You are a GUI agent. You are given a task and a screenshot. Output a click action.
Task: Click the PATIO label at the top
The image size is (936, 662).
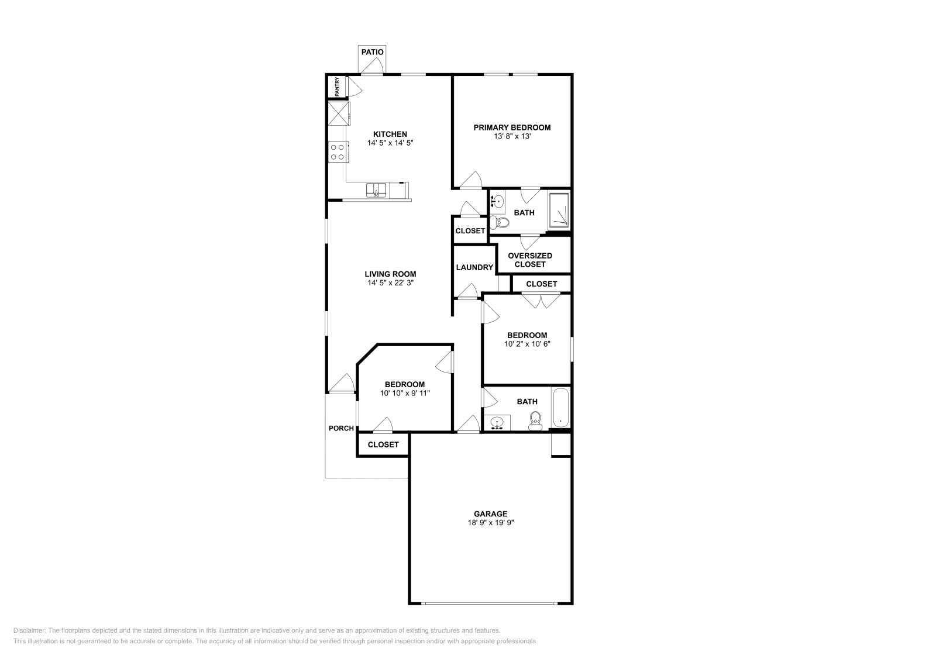(372, 52)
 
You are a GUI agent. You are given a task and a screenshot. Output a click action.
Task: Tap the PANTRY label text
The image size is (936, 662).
(337, 87)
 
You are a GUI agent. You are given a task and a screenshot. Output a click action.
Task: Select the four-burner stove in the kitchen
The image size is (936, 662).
(338, 152)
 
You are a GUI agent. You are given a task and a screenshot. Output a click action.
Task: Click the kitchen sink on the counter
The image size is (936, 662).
(377, 190)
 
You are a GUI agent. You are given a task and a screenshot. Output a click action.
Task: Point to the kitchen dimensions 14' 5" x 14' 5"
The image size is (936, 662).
(390, 143)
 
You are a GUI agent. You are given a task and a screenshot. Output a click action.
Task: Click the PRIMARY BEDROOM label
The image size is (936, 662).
(512, 127)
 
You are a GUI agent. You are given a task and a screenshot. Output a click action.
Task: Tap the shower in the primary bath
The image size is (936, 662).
(560, 210)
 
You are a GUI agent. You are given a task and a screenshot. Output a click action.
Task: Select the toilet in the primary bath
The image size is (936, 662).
(499, 222)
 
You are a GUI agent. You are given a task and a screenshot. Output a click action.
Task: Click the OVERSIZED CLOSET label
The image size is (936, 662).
(530, 260)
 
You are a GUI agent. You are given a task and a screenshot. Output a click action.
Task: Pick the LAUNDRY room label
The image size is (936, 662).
(474, 267)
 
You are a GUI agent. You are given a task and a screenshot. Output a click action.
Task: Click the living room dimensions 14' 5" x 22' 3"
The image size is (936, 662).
(390, 282)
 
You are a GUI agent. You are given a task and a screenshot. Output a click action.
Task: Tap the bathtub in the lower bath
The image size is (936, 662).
(560, 408)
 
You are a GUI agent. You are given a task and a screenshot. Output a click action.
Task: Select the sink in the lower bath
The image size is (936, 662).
(497, 423)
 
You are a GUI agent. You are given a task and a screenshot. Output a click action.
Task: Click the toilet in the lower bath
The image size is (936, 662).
(535, 420)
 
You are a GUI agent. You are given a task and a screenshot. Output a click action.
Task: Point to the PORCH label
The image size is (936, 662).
(341, 428)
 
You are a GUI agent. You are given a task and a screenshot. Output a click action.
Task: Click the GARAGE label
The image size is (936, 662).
(490, 514)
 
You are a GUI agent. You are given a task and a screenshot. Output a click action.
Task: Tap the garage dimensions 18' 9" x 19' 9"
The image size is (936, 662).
(490, 523)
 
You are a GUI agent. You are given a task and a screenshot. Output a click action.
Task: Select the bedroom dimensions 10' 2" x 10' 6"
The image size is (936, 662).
(527, 344)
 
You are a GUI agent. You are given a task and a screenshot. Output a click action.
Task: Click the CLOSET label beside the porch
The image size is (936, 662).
(383, 444)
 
